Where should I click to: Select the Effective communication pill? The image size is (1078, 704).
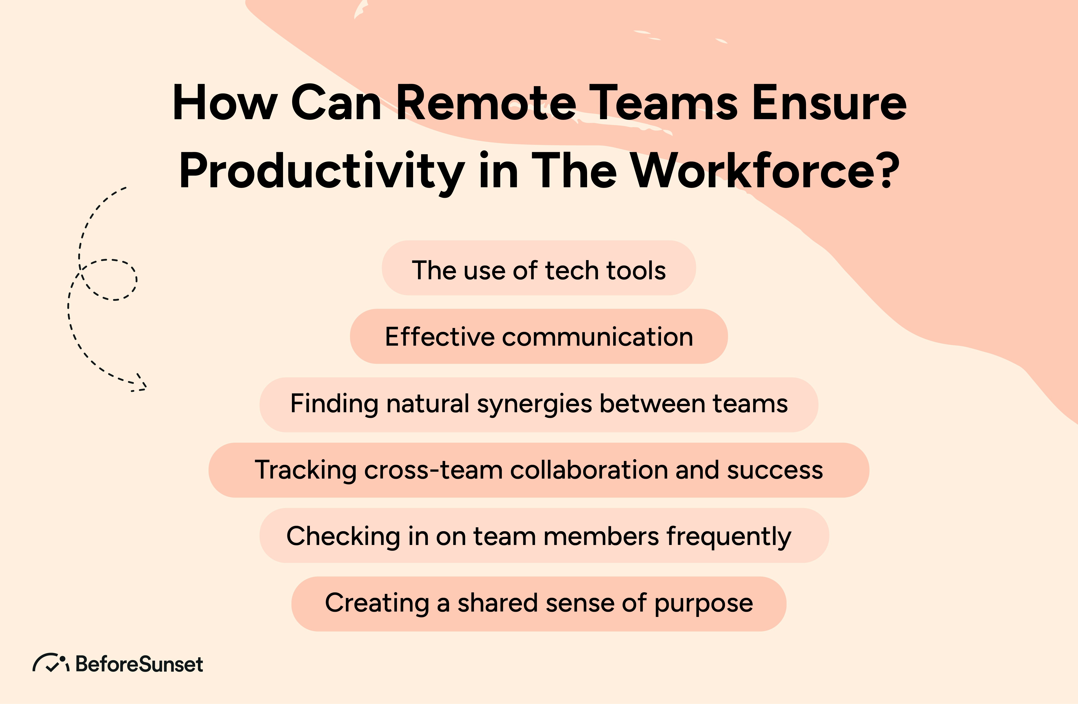[x=539, y=336]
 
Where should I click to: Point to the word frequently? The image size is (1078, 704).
[x=728, y=537]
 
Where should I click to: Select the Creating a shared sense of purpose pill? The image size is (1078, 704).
[x=539, y=604]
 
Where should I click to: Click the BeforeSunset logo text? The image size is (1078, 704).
[x=139, y=664]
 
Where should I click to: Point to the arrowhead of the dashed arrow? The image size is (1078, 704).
[x=141, y=386]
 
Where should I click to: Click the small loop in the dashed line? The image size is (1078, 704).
[x=109, y=279]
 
